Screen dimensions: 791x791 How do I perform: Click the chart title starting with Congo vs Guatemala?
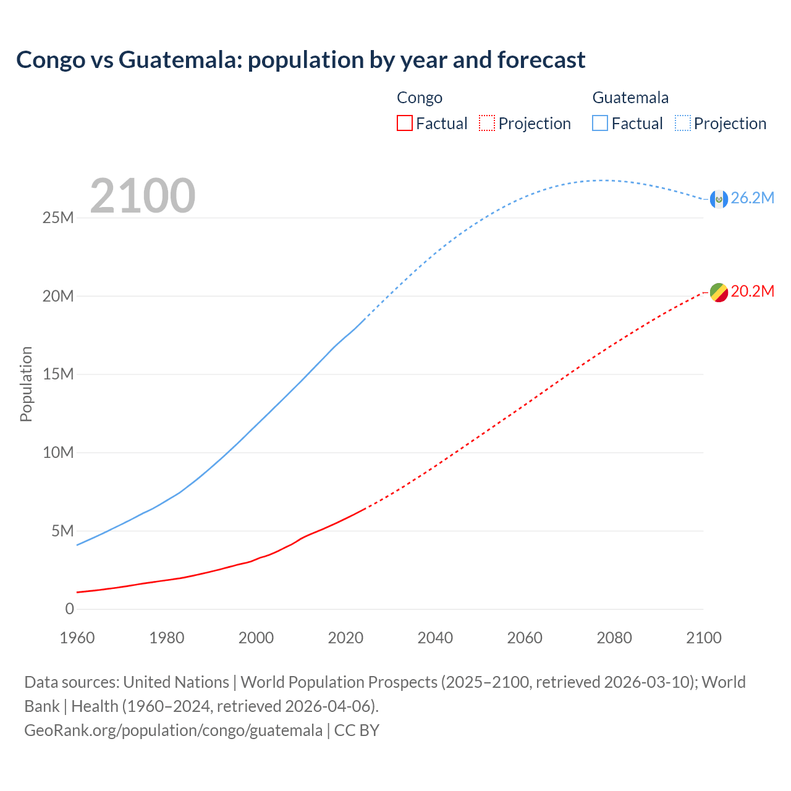300,60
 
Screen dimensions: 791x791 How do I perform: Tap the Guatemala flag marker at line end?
718,199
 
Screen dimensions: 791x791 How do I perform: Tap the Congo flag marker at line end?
718,292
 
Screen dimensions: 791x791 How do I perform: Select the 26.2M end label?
752,198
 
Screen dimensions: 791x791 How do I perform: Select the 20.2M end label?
752,291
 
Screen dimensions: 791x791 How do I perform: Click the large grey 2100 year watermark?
143,196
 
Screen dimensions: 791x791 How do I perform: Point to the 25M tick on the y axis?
58,218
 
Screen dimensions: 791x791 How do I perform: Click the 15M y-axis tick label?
58,374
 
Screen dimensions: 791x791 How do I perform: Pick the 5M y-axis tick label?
62,531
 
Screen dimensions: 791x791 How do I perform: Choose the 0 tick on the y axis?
70,609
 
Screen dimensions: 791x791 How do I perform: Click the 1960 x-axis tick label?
77,638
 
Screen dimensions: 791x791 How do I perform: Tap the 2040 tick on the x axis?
435,638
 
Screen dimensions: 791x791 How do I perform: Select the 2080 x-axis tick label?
614,638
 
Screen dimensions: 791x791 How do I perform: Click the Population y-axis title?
26,384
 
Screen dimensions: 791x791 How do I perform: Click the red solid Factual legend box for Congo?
405,124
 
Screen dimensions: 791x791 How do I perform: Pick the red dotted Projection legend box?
487,124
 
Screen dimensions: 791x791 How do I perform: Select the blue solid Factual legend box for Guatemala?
600,124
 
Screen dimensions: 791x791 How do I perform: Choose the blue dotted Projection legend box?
682,124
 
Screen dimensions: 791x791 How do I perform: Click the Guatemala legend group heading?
630,98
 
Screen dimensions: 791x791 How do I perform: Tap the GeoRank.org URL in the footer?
173,730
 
